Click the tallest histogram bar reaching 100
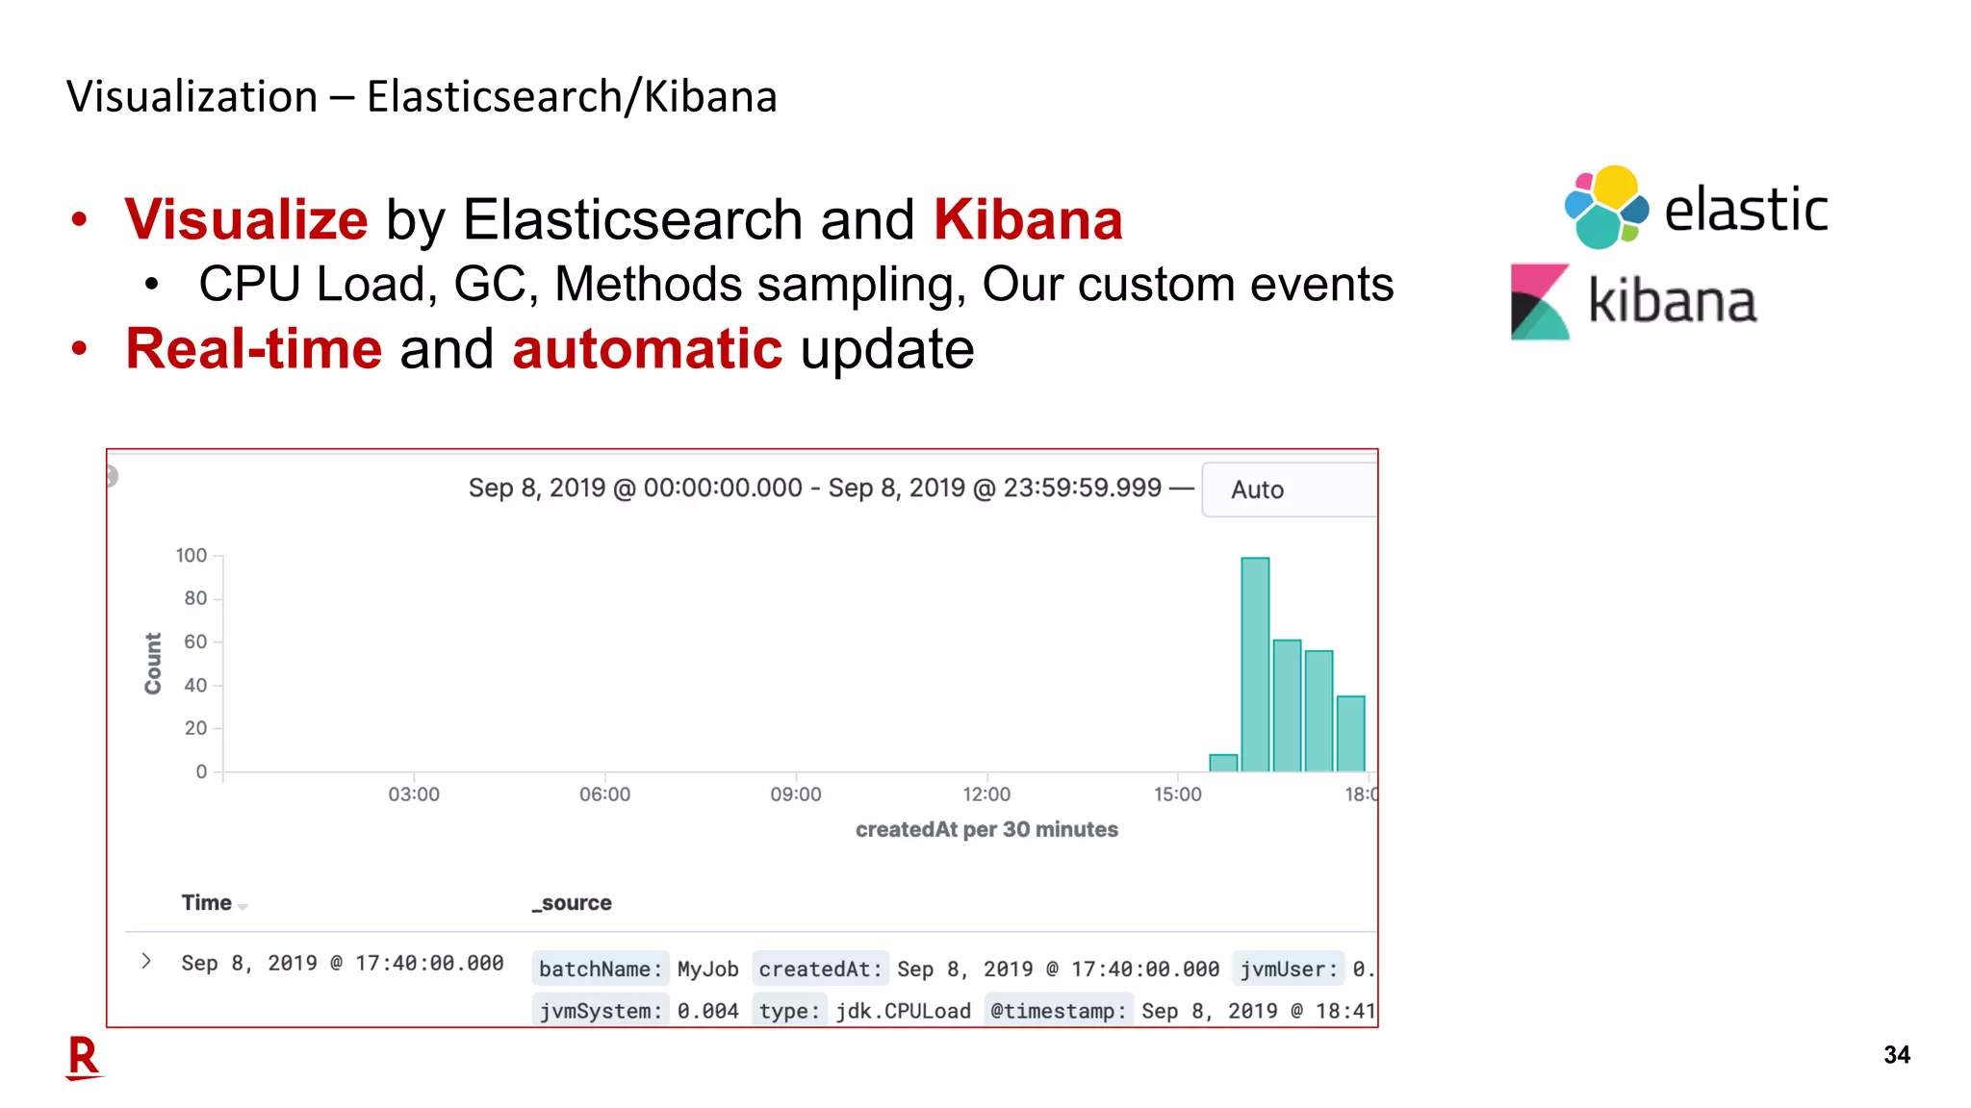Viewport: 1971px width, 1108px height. tap(1255, 664)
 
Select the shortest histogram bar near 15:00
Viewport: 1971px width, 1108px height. tap(1223, 763)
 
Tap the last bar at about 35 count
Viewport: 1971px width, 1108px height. tap(1351, 733)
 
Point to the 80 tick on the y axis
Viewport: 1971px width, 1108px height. tap(195, 598)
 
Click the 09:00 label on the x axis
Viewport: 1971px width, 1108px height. tap(795, 794)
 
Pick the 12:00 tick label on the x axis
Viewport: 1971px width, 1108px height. tap(986, 794)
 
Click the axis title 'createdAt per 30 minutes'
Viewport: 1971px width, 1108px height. tap(986, 829)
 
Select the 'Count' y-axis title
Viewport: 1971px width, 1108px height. tap(153, 663)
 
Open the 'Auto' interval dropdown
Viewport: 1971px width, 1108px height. tap(1288, 490)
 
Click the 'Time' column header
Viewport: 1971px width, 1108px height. tap(207, 903)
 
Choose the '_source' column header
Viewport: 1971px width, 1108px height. tap(573, 903)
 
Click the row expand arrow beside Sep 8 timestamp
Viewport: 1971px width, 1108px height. tap(146, 961)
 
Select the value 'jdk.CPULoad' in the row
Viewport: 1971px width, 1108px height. tap(903, 1011)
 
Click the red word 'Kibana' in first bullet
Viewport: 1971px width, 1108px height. tap(1027, 219)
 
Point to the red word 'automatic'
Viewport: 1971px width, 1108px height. tap(647, 348)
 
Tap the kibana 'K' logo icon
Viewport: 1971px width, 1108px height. tap(1540, 302)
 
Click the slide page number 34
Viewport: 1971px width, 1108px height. tap(1896, 1055)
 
